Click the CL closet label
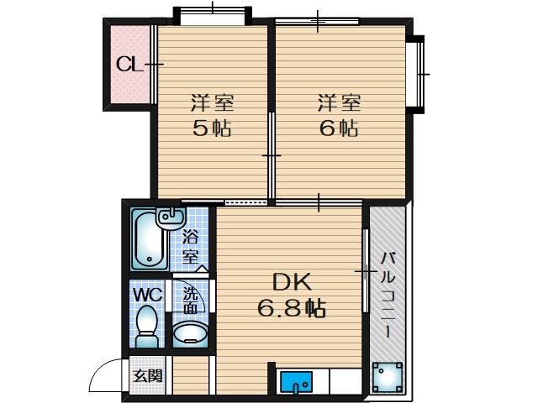coord(129,64)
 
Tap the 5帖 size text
coord(212,128)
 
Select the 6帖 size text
coord(339,128)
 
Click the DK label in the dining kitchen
coord(292,282)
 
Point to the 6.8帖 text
coord(292,308)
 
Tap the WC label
coord(148,295)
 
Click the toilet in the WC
coord(147,327)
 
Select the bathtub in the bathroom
coord(150,240)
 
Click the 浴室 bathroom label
coord(190,247)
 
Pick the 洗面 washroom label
coord(190,301)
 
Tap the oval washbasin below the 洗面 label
coord(190,333)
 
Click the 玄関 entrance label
coord(148,377)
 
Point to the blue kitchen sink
coord(296,382)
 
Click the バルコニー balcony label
coord(388,296)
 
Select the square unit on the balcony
coord(388,377)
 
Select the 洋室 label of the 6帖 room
coord(339,102)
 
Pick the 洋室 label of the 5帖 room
coord(212,102)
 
